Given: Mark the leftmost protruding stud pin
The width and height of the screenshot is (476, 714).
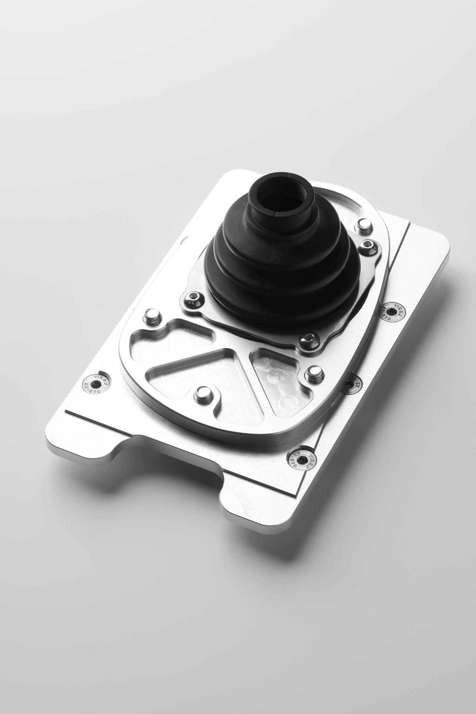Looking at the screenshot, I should pyautogui.click(x=152, y=315).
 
